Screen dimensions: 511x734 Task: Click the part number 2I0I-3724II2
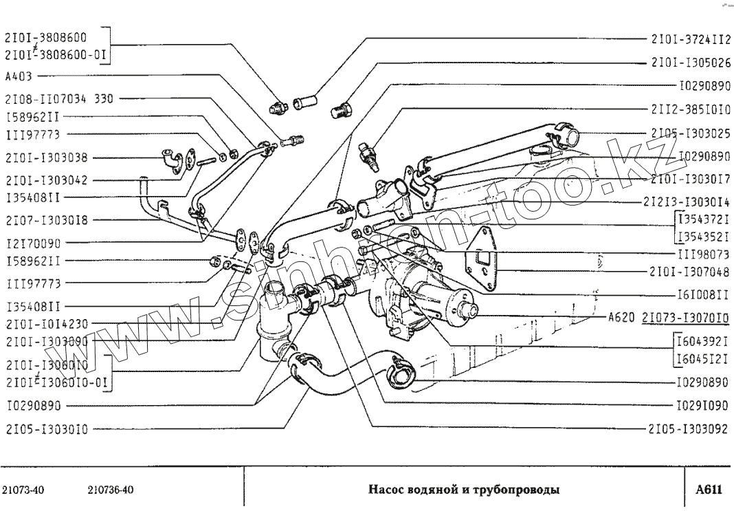tap(690, 39)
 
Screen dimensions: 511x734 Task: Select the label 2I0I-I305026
tap(690, 62)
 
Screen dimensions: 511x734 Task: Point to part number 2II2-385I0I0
tap(690, 109)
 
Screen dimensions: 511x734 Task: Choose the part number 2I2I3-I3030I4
tap(690, 202)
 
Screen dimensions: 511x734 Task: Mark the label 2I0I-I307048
tap(690, 271)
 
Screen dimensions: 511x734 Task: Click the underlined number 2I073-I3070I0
tap(685, 318)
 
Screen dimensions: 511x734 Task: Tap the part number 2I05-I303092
tap(688, 428)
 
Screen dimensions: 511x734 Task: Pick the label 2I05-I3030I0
tap(46, 428)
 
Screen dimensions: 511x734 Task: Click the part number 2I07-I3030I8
tap(46, 220)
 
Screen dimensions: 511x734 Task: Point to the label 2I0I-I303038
tap(46, 157)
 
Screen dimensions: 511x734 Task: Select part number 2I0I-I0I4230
tap(46, 323)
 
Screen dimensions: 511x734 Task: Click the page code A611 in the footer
tap(709, 490)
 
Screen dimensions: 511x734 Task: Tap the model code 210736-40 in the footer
tap(111, 490)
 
